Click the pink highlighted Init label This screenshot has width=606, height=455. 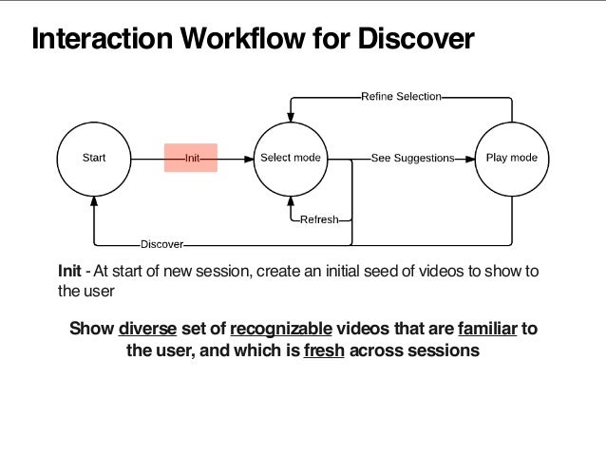tap(191, 158)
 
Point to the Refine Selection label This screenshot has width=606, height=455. tap(401, 96)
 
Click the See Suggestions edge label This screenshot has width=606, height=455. tap(413, 158)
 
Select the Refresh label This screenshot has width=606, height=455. tap(319, 219)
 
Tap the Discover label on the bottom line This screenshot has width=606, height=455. tap(161, 244)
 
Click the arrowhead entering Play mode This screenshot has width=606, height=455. tap(470, 159)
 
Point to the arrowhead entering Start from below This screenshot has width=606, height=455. tap(94, 201)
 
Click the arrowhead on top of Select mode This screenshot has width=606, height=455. tap(291, 117)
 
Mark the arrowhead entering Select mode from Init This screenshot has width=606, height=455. tap(249, 159)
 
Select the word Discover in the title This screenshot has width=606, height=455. tap(416, 38)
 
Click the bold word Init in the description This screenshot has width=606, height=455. tap(69, 271)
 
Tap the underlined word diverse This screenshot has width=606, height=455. tap(147, 329)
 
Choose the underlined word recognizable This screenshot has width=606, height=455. tap(281, 329)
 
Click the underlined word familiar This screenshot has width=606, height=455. tap(487, 329)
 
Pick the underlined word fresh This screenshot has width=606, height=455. tap(324, 351)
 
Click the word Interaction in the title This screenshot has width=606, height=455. tap(102, 38)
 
